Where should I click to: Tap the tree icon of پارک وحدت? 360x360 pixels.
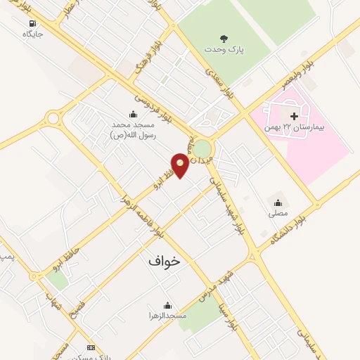click(224, 39)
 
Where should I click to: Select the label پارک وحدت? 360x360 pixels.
click(224, 50)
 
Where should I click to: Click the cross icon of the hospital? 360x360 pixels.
click(294, 115)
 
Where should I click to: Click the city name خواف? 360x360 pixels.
click(164, 260)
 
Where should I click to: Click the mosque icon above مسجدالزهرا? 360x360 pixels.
click(167, 305)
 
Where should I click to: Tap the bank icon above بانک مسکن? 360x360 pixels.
click(90, 347)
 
